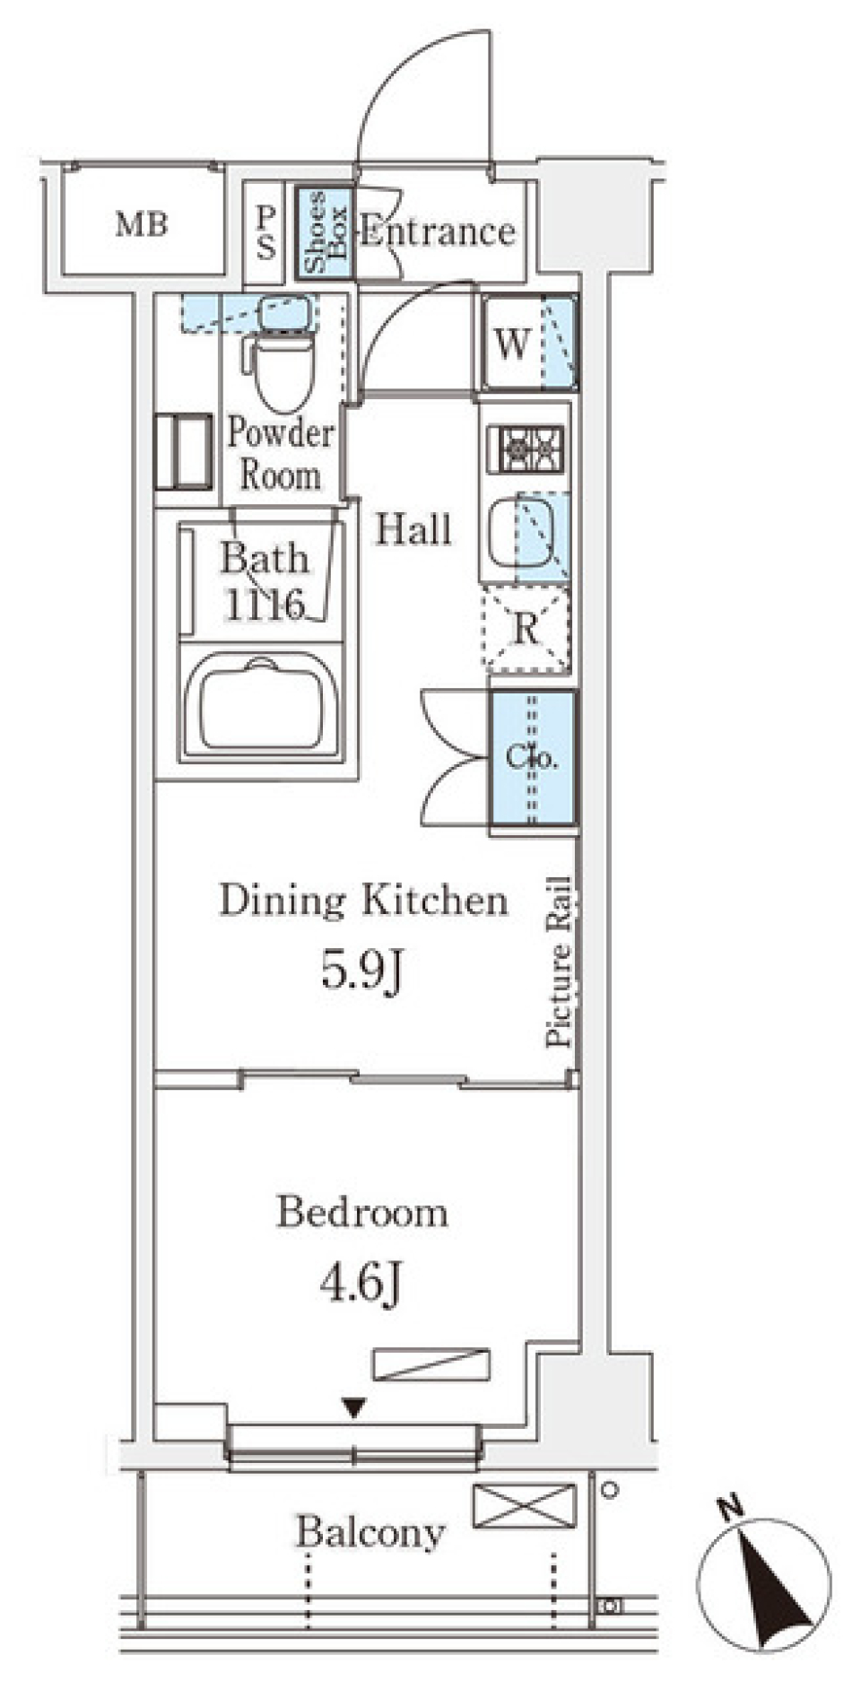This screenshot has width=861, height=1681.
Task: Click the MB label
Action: [x=142, y=223]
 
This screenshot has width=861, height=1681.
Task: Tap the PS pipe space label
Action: [x=266, y=232]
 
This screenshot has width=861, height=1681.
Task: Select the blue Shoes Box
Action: [x=325, y=232]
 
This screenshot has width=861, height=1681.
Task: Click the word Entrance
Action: [x=438, y=232]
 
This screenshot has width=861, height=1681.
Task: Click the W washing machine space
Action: [x=528, y=342]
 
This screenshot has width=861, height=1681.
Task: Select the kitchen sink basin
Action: [x=520, y=530]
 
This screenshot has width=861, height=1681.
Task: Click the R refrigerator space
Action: [x=526, y=629]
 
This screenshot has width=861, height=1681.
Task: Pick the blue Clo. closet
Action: [x=532, y=758]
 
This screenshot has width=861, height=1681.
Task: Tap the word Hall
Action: [x=413, y=529]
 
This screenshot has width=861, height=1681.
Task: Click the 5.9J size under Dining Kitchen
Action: [x=362, y=970]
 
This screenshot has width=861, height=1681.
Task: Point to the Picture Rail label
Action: [x=558, y=961]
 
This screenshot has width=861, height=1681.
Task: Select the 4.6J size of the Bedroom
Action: [x=361, y=1283]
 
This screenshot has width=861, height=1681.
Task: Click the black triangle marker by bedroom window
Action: [x=354, y=1408]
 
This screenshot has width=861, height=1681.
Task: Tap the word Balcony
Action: [x=370, y=1532]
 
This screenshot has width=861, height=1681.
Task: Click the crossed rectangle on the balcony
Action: [x=525, y=1505]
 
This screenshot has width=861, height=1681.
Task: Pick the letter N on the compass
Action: [x=734, y=1508]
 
